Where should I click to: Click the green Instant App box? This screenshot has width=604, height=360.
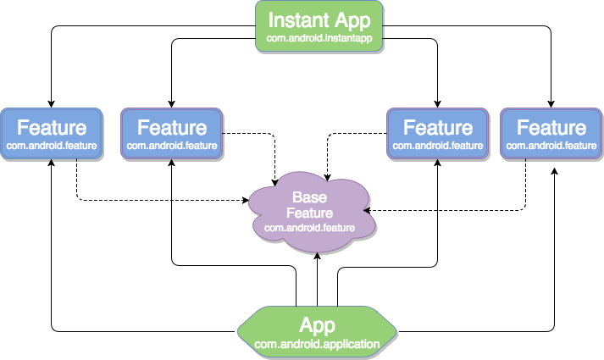pyautogui.click(x=319, y=26)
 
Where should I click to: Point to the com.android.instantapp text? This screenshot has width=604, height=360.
pyautogui.click(x=319, y=39)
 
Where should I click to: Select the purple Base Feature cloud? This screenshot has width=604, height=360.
pyautogui.click(x=310, y=213)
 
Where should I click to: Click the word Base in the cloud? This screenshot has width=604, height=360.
pyautogui.click(x=309, y=197)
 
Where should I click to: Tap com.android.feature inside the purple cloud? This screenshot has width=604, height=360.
pyautogui.click(x=309, y=228)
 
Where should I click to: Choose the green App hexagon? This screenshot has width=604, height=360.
pyautogui.click(x=318, y=331)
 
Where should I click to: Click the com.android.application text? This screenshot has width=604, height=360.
pyautogui.click(x=318, y=344)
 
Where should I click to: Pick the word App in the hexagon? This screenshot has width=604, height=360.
pyautogui.click(x=318, y=325)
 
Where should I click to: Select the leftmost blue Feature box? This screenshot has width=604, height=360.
pyautogui.click(x=52, y=134)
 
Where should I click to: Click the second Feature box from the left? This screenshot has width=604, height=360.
pyautogui.click(x=172, y=134)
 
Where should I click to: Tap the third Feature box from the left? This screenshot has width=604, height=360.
pyautogui.click(x=438, y=134)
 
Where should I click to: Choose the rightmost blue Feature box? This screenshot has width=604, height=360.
pyautogui.click(x=551, y=134)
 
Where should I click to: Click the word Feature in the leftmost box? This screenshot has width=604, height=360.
pyautogui.click(x=52, y=128)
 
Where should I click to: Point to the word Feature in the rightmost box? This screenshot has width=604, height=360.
pyautogui.click(x=551, y=128)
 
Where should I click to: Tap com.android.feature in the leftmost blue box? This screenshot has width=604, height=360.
pyautogui.click(x=52, y=146)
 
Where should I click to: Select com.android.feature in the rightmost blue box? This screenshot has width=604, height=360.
pyautogui.click(x=551, y=146)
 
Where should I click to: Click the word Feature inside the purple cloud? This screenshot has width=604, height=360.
pyautogui.click(x=309, y=213)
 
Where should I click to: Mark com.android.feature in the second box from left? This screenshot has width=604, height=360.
pyautogui.click(x=172, y=146)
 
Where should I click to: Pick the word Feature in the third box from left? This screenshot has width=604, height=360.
pyautogui.click(x=438, y=128)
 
